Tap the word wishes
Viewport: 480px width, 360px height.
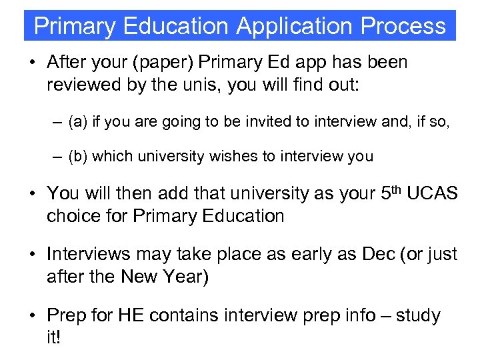tap(226, 156)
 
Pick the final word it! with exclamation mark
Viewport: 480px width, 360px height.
tap(53, 339)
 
